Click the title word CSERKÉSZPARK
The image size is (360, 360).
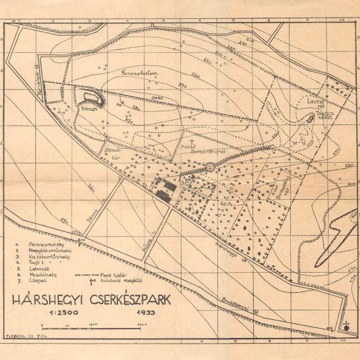click(129, 299)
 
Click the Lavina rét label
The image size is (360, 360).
click(315, 101)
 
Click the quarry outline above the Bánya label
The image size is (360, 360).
click(95, 99)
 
